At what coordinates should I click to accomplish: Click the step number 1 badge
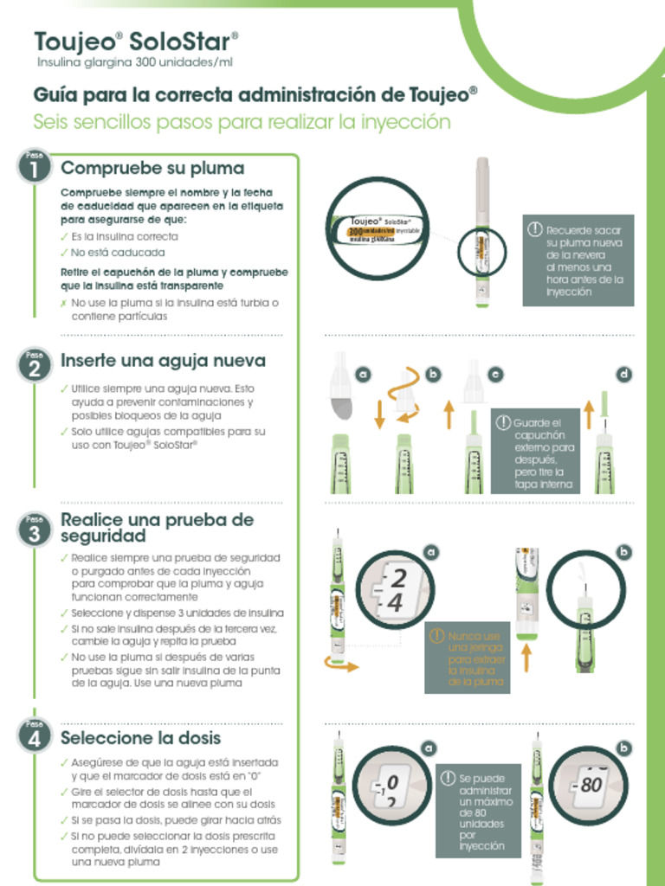34,168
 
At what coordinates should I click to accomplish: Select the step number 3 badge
34,530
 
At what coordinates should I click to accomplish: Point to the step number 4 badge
34,737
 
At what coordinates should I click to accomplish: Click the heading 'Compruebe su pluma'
152,168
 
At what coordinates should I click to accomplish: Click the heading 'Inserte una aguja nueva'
163,361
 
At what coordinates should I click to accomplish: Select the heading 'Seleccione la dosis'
140,738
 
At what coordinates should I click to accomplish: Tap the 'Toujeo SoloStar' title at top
136,42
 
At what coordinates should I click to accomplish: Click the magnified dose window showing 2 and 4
395,591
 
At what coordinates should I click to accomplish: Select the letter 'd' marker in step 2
623,374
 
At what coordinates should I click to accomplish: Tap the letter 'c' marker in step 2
495,374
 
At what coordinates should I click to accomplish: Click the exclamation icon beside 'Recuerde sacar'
534,230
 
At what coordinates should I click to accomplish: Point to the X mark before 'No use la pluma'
64,304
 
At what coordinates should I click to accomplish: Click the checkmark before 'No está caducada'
64,253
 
